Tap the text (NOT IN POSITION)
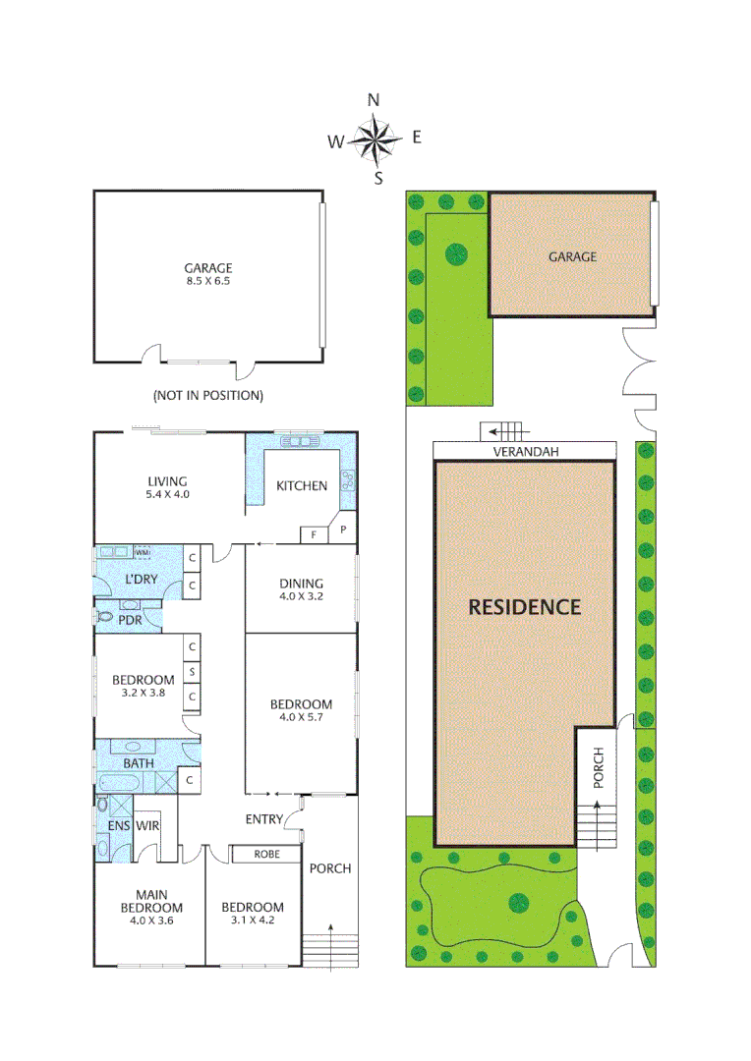click(x=207, y=396)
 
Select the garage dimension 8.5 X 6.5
click(x=207, y=281)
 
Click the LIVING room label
click(x=167, y=480)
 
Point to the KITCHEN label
click(x=301, y=485)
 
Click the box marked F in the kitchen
click(x=314, y=534)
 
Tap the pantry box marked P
click(x=343, y=528)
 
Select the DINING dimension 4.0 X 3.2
click(x=301, y=595)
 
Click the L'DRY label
click(x=142, y=579)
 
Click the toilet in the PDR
click(x=104, y=619)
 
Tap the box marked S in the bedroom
click(x=193, y=672)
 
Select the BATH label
click(x=139, y=762)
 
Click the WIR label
click(x=148, y=825)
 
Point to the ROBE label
click(x=265, y=854)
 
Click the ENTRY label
click(x=264, y=819)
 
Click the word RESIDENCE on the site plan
click(x=524, y=606)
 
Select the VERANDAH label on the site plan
click(x=525, y=451)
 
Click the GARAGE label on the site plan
click(x=572, y=256)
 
